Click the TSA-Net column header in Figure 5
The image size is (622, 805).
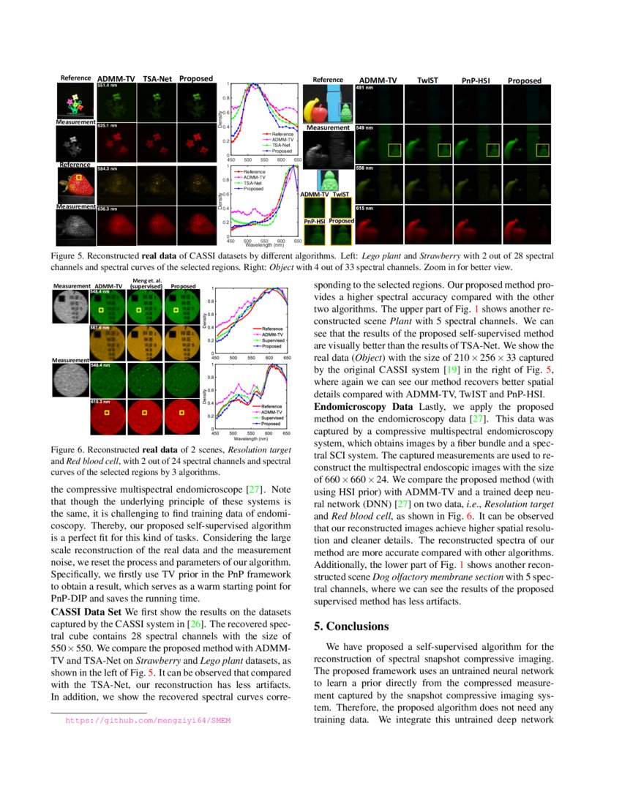point(158,78)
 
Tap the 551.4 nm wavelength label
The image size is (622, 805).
point(107,86)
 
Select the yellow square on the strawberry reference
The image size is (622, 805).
point(79,177)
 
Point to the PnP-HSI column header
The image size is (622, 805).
point(476,80)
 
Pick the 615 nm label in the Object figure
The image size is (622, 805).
point(364,209)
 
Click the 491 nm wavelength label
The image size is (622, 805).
point(364,88)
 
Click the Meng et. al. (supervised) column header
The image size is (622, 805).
point(146,283)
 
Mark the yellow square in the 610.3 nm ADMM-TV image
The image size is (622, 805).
point(107,413)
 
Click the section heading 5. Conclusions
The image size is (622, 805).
point(351,626)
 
